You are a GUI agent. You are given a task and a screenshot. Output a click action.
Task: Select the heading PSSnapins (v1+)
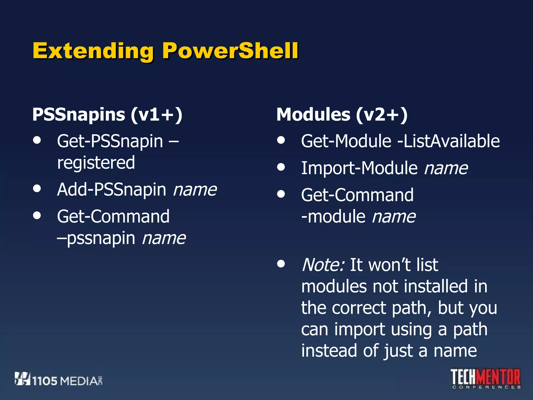pos(107,115)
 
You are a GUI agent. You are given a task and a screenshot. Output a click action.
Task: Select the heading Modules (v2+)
pos(342,115)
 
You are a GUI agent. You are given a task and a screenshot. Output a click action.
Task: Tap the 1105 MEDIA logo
pos(59,379)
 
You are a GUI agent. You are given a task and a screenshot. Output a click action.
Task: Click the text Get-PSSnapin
pos(110,141)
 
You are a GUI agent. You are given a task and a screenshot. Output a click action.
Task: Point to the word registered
pos(96,163)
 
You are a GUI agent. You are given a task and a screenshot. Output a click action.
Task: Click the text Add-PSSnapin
pos(111,190)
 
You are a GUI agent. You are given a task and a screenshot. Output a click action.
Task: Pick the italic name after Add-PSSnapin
pos(195,190)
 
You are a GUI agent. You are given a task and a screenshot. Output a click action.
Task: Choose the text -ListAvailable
pos(448,141)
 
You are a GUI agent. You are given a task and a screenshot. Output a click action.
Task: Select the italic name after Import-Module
pos(446,168)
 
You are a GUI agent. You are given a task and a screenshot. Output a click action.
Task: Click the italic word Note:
pos(323,265)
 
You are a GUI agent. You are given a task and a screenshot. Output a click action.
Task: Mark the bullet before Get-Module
pos(281,140)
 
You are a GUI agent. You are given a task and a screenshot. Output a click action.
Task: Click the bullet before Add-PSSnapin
pos(37,188)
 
